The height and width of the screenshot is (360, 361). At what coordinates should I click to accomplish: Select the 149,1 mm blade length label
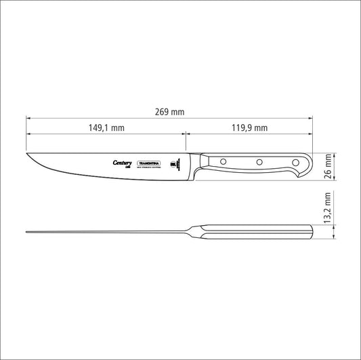pyautogui.click(x=106, y=127)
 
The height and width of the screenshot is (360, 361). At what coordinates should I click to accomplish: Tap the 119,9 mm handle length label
pyautogui.click(x=250, y=127)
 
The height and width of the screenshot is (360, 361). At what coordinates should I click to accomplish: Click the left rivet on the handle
pyautogui.click(x=223, y=162)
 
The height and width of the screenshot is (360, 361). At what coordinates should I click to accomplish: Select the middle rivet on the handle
pyautogui.click(x=258, y=162)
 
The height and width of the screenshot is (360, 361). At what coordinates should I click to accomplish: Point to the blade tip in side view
pyautogui.click(x=28, y=153)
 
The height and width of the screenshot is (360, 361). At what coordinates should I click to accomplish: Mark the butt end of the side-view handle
pyautogui.click(x=310, y=164)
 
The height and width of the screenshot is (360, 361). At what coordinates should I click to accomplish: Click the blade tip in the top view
pyautogui.click(x=28, y=234)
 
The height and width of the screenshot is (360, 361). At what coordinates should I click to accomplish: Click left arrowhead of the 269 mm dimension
pyautogui.click(x=28, y=117)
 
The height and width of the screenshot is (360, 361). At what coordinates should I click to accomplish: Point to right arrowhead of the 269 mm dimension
pyautogui.click(x=312, y=117)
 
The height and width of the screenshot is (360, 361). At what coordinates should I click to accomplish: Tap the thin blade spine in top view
pyautogui.click(x=108, y=234)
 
